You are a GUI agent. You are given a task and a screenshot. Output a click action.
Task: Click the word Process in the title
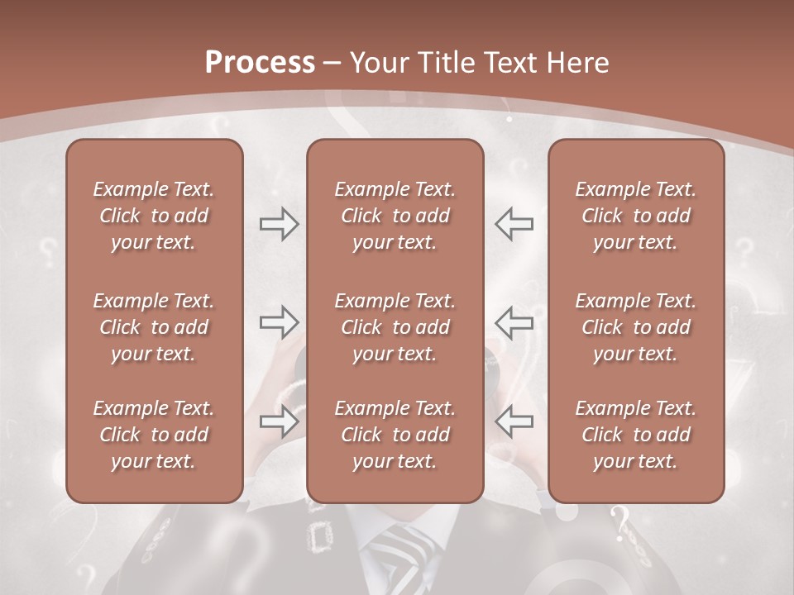260,63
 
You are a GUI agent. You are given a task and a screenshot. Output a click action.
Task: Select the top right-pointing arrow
280,224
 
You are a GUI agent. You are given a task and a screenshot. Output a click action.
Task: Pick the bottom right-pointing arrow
280,421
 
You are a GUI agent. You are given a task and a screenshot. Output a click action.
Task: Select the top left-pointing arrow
514,224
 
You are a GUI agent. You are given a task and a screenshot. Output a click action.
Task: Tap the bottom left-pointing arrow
514,421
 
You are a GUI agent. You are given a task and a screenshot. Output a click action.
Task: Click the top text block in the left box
154,216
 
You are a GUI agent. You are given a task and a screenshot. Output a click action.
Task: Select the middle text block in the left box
154,327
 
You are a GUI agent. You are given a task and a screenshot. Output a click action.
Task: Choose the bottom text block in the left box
154,435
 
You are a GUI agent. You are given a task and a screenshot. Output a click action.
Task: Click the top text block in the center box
395,216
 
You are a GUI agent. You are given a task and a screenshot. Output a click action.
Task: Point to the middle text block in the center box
395,327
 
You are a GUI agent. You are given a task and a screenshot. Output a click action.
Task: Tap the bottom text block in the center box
395,435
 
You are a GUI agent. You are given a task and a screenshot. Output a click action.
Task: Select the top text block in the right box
636,216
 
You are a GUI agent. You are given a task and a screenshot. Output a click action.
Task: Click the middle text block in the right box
636,327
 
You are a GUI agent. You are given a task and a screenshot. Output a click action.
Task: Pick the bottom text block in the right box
636,435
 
